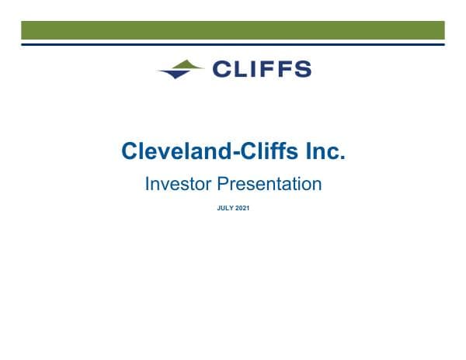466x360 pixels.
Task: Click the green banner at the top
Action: click(x=233, y=30)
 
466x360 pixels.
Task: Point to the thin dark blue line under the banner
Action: click(x=233, y=44)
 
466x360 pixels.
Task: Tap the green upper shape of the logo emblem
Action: click(x=187, y=64)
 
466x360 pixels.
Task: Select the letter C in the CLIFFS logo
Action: click(x=220, y=69)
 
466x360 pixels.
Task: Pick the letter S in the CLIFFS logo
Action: click(x=301, y=69)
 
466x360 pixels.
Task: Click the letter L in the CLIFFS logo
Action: click(x=240, y=69)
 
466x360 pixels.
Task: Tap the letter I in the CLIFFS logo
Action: click(x=253, y=69)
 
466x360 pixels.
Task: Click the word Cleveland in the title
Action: click(x=173, y=151)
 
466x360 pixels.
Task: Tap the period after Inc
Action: click(x=342, y=157)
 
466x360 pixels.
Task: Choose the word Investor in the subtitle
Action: click(x=178, y=184)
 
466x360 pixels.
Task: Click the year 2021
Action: click(x=241, y=208)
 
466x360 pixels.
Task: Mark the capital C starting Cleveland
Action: click(x=129, y=151)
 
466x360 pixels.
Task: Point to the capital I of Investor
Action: click(x=148, y=184)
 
